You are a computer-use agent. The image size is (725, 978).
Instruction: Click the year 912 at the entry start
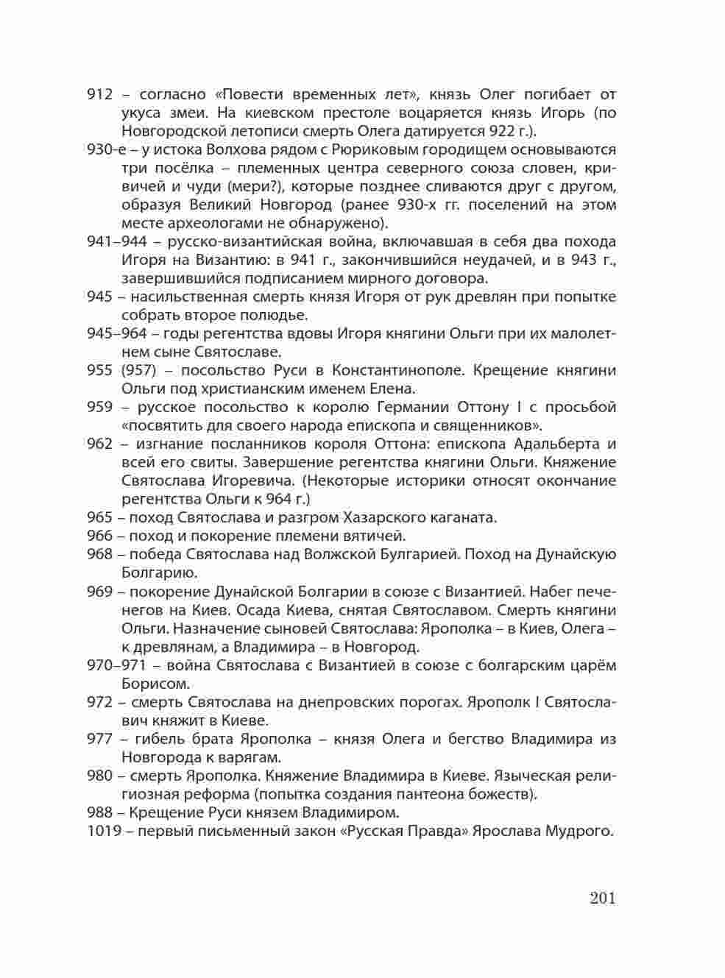99,95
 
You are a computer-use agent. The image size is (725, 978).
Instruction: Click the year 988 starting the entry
99,813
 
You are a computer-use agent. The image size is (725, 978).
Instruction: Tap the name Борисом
153,684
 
